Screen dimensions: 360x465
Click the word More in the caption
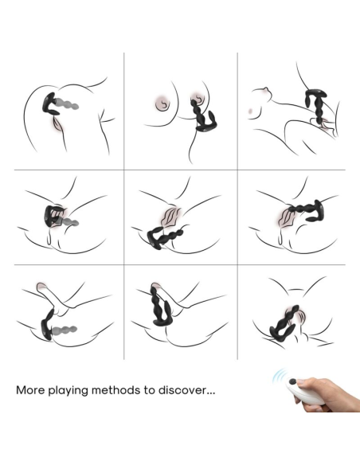click(30, 389)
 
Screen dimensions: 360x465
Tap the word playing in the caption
click(68, 391)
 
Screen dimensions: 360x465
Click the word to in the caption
click(150, 390)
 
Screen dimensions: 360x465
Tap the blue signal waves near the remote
click(279, 377)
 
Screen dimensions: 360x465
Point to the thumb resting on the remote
click(305, 382)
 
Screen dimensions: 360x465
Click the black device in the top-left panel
click(50, 104)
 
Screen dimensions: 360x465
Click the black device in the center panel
click(163, 237)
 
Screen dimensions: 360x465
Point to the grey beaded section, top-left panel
click(68, 104)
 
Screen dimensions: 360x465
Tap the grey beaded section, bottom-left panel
click(65, 330)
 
